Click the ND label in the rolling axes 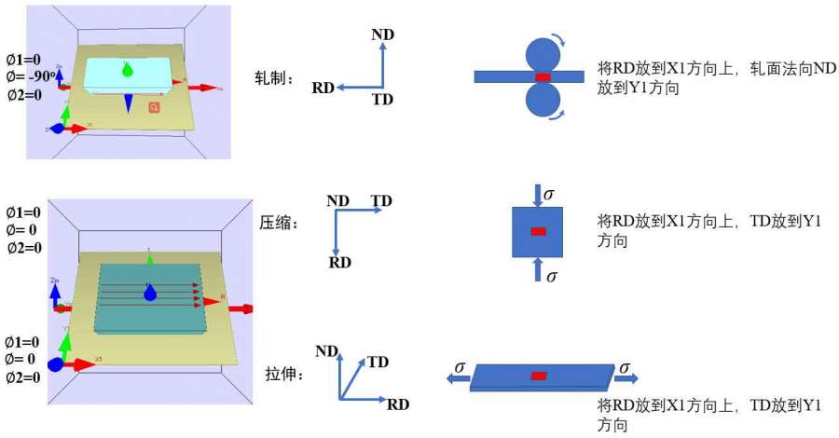(382, 34)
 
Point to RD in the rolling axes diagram (323, 89)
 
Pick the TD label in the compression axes (381, 200)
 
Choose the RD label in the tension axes (398, 404)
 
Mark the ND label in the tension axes (326, 351)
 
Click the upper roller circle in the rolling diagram (543, 54)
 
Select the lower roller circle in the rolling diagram (543, 100)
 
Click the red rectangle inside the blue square (538, 231)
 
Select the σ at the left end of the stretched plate (460, 366)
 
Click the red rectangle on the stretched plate (538, 376)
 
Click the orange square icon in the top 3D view (155, 108)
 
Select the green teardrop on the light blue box (128, 69)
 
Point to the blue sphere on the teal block (149, 294)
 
